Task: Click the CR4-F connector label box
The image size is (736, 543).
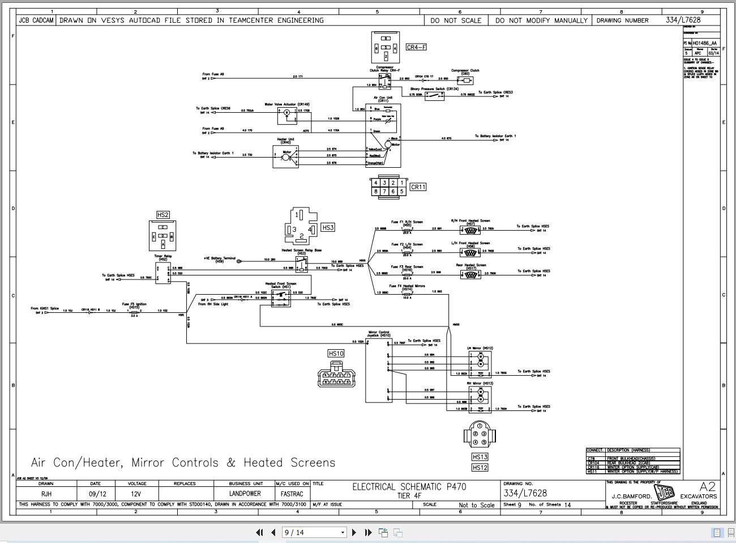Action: coord(416,47)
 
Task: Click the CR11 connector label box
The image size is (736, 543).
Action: coord(418,187)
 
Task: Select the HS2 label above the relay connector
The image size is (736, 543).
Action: coord(162,215)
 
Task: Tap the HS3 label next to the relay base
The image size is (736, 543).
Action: coord(328,227)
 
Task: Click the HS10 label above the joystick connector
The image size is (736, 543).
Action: coord(336,353)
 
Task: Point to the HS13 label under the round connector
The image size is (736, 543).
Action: coord(480,457)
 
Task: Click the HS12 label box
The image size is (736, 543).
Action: coord(480,468)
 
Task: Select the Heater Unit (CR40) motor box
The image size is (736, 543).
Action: coord(285,156)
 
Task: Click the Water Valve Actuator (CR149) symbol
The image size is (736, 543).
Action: coord(287,115)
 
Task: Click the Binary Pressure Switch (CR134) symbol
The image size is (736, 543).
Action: coord(435,96)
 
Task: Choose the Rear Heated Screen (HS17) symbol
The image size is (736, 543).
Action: coord(470,274)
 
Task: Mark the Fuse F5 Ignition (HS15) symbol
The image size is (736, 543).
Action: coord(134,311)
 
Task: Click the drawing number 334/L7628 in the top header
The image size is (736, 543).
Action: coord(683,20)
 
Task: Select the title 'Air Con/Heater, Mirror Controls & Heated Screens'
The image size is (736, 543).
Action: coord(183,463)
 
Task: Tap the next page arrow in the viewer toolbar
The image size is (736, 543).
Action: coord(354,532)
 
